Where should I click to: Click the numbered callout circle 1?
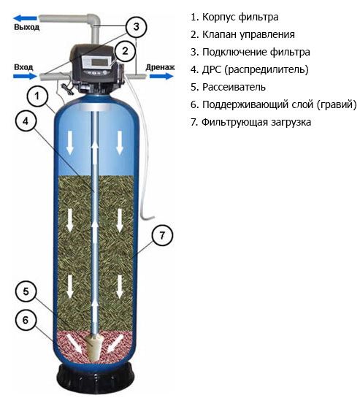[x=37, y=96]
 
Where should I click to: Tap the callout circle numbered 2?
[x=125, y=51]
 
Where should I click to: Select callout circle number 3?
[x=136, y=27]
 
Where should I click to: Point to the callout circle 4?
[x=26, y=121]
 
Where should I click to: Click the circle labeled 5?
[x=26, y=291]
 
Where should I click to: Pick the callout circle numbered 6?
[x=26, y=320]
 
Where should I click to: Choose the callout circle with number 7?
[x=162, y=235]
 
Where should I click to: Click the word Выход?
[x=27, y=27]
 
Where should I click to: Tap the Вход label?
[x=23, y=67]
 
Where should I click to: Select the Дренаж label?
[x=160, y=67]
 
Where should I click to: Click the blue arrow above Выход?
[x=25, y=18]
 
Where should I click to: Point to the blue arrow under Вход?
[x=25, y=76]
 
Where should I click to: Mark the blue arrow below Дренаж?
[x=161, y=76]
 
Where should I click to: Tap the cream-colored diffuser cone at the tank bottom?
[x=94, y=347]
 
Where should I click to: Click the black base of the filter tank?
[x=95, y=378]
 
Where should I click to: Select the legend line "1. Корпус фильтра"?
[x=234, y=17]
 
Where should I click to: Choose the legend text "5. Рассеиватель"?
[x=228, y=87]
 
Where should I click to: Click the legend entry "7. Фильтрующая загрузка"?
[x=251, y=122]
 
